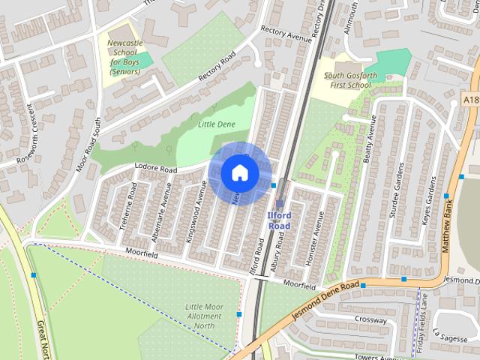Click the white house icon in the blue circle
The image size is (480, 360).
coord(239,172)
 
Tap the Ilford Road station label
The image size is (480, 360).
coord(278,220)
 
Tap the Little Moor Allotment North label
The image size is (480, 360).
coord(204,316)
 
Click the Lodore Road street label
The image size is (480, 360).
coord(155,169)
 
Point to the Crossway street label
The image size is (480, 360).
coord(371,319)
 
